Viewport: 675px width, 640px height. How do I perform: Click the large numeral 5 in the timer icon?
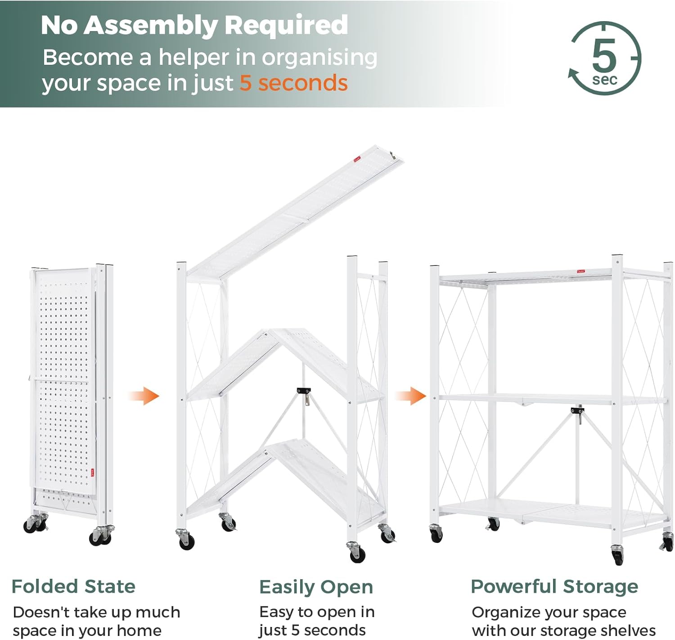(x=604, y=55)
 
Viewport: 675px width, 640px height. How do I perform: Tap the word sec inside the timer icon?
(x=605, y=80)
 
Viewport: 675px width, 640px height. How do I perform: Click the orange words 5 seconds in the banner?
(x=293, y=83)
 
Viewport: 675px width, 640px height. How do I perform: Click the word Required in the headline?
(x=286, y=25)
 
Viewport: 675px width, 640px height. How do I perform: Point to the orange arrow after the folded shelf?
(x=145, y=396)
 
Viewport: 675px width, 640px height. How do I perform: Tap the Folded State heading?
(x=73, y=586)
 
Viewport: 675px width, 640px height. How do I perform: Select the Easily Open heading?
(x=316, y=587)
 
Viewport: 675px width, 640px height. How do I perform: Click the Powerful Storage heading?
(x=554, y=586)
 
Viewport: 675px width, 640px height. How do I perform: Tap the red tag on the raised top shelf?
(x=357, y=159)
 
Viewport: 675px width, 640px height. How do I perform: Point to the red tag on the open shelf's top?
(x=580, y=271)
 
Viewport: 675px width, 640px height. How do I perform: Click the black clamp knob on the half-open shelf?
(x=304, y=391)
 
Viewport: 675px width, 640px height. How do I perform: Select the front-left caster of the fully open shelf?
(x=436, y=534)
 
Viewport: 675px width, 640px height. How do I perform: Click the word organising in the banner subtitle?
(x=319, y=58)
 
